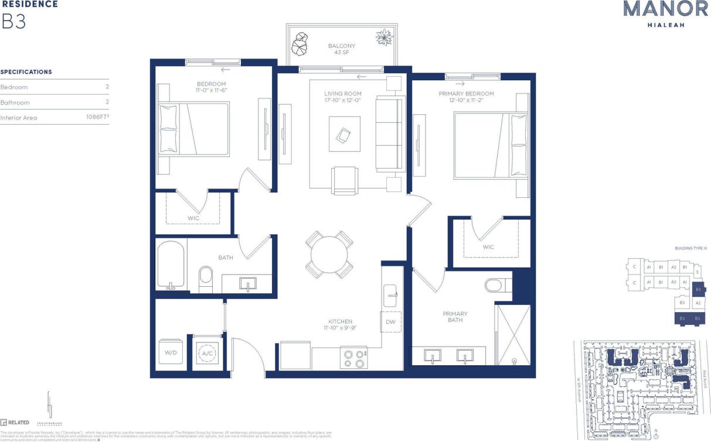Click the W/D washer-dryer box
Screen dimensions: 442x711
pyautogui.click(x=171, y=352)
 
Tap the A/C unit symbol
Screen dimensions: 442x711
pyautogui.click(x=206, y=353)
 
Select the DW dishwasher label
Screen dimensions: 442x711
pyautogui.click(x=390, y=322)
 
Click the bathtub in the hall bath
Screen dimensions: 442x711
pyautogui.click(x=171, y=266)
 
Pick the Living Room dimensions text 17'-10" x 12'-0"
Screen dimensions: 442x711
pyautogui.click(x=343, y=100)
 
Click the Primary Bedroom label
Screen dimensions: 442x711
pyautogui.click(x=466, y=94)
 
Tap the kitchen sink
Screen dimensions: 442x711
pyautogui.click(x=391, y=296)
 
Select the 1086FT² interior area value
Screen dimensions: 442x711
pyautogui.click(x=97, y=118)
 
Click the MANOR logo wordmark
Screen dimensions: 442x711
pyautogui.click(x=657, y=9)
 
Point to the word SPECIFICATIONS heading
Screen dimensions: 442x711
pyautogui.click(x=26, y=72)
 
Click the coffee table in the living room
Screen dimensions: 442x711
pyautogui.click(x=344, y=135)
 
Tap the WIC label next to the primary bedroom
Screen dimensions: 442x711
pyautogui.click(x=488, y=247)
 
